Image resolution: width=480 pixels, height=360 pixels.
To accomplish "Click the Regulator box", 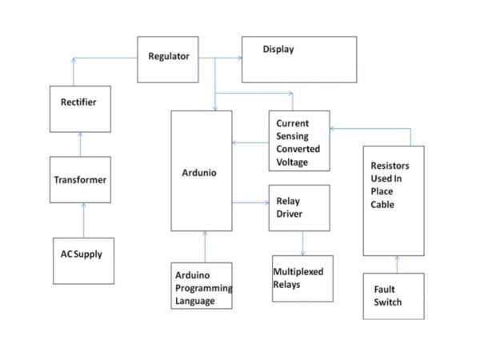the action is [x=168, y=60].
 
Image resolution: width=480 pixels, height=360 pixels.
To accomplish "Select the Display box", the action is [x=299, y=60].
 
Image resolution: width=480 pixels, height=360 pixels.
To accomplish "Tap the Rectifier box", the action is [x=80, y=109].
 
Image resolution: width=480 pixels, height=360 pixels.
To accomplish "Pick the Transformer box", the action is [x=80, y=180].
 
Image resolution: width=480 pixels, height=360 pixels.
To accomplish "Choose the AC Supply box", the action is [x=83, y=261].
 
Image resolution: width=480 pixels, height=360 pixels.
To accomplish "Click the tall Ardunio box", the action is [x=202, y=171].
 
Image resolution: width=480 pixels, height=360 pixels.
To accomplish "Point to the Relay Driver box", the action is [x=299, y=208].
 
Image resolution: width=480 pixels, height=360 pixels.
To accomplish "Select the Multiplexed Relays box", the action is [x=302, y=278].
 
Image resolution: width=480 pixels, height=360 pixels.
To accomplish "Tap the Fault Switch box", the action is [x=394, y=296].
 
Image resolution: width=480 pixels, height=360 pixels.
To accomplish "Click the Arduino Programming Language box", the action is [x=202, y=286].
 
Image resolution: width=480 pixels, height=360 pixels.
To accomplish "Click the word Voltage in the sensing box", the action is [x=292, y=162].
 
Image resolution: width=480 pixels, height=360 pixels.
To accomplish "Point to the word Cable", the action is [x=382, y=204].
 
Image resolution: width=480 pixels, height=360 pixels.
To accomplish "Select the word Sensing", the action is [x=292, y=136].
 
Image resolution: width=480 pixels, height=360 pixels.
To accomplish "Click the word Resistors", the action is [x=390, y=166].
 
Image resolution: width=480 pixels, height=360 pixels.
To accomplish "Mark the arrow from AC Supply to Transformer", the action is [x=83, y=221].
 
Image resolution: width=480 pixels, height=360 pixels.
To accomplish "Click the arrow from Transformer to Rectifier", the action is [x=81, y=145].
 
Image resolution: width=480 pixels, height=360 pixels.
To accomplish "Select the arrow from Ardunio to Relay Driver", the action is [x=250, y=202].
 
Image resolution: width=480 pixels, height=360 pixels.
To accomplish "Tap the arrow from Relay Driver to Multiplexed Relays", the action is [x=302, y=243].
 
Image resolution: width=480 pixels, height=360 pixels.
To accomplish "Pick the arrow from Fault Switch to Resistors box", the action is [x=397, y=265].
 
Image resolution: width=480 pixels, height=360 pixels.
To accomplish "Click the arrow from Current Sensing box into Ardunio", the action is [x=250, y=142].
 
